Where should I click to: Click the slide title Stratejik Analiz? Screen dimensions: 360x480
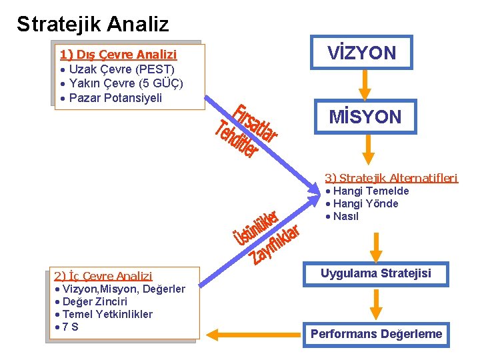pos(93,25)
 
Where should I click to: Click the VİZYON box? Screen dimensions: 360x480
pos(361,53)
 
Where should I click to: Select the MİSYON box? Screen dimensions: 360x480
pos(365,117)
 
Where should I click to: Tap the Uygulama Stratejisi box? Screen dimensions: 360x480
pos(376,273)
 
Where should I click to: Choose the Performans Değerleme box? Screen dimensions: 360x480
pos(376,334)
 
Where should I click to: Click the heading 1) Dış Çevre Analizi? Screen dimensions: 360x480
pos(118,55)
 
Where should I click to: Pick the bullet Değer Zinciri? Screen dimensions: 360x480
pos(94,301)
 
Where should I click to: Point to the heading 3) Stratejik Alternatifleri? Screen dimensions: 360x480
pos(391,178)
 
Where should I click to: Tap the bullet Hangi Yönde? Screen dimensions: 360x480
pos(365,204)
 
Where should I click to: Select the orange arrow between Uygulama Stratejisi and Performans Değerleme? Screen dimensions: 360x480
pos(376,303)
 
